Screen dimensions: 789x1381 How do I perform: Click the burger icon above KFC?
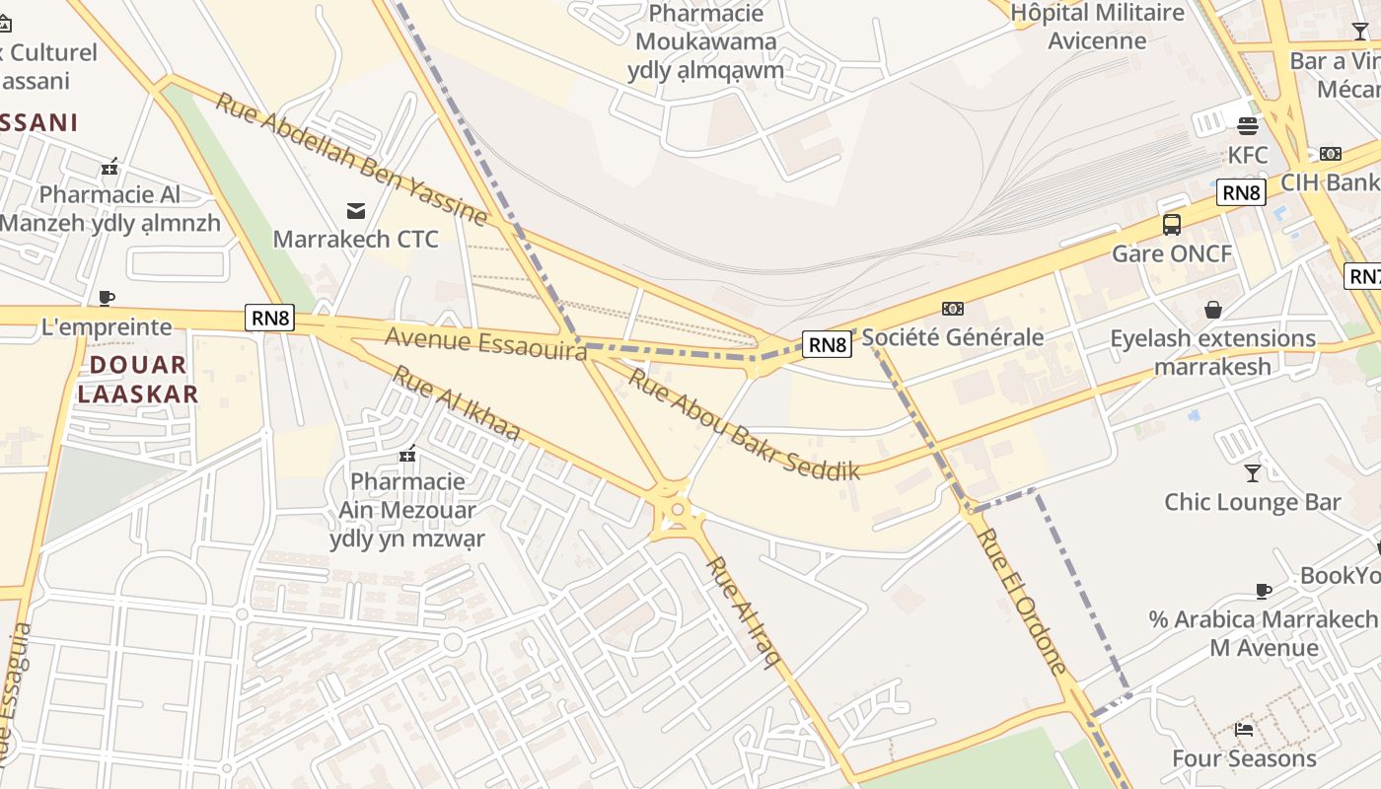[1248, 126]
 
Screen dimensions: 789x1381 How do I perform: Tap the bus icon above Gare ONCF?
[1172, 225]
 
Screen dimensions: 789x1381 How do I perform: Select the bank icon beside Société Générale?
[952, 309]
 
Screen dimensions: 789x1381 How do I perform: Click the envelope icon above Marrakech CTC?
[355, 210]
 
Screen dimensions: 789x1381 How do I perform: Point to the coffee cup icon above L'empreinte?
[107, 297]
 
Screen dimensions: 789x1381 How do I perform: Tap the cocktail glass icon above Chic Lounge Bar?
[1252, 473]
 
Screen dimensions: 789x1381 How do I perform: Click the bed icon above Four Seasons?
[1244, 730]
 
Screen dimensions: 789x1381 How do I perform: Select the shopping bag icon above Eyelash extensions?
[1212, 310]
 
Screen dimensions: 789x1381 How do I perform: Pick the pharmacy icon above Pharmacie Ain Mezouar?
[406, 454]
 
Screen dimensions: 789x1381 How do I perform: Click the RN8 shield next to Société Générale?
[827, 344]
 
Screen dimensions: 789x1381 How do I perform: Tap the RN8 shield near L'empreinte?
[270, 318]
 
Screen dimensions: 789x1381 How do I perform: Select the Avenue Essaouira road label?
[485, 343]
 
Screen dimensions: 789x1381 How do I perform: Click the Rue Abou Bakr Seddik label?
[744, 424]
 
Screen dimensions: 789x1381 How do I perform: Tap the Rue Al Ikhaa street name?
[456, 403]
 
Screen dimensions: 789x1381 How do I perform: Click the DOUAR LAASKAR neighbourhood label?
[138, 380]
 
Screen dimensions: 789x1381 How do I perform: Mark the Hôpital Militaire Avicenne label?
[1098, 27]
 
